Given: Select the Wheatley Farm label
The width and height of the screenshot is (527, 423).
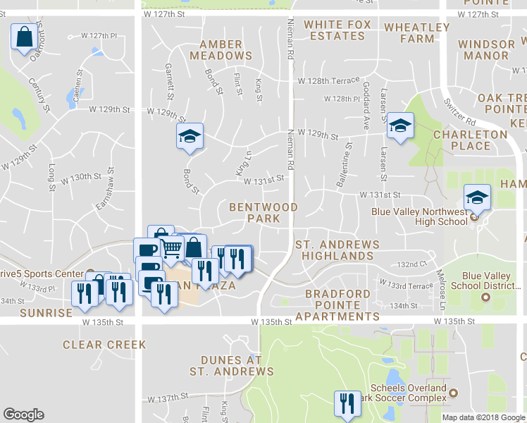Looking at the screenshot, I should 417,33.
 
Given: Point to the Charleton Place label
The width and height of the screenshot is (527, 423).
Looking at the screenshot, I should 471,140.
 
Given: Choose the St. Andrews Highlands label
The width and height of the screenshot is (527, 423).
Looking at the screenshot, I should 337,250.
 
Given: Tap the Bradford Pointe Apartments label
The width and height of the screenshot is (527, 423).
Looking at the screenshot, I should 338,305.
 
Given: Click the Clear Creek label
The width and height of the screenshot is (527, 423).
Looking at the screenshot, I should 104,345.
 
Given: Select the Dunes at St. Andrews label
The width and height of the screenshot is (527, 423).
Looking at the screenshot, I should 231,365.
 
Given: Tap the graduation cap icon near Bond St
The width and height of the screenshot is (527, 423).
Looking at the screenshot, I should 190,135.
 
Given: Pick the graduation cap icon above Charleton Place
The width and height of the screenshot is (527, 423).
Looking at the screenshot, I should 400,127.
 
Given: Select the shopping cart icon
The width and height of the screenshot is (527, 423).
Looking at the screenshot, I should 172,248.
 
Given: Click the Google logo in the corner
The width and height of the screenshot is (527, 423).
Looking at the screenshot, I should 23,415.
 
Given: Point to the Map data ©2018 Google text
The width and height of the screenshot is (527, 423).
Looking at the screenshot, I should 484,417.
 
